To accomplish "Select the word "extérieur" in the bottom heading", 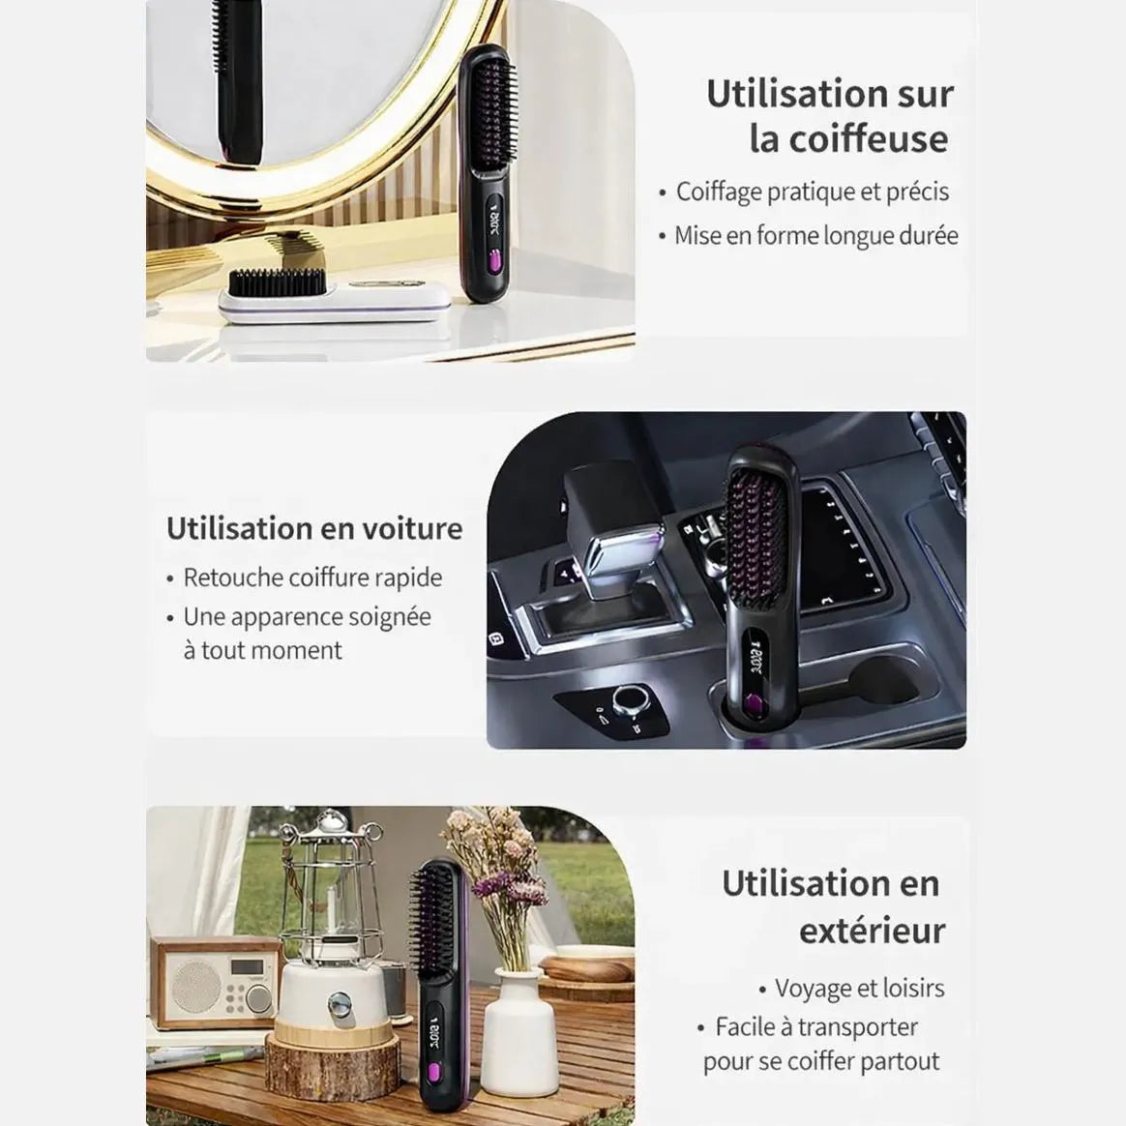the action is [873, 931].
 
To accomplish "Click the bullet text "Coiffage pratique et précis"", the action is [813, 192].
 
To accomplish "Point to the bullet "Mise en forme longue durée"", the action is [816, 235].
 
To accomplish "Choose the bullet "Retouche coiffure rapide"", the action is [312, 578].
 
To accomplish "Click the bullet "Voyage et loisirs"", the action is [860, 988].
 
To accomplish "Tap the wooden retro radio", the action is [214, 982].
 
